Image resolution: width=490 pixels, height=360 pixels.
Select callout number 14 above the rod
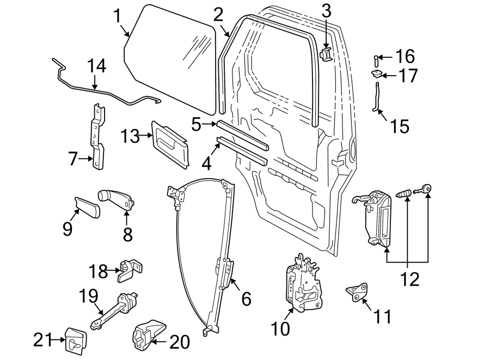96,67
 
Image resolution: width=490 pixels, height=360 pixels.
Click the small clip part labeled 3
326,54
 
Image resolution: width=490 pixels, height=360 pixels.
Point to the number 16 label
404,56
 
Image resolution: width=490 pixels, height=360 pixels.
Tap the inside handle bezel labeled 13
170,143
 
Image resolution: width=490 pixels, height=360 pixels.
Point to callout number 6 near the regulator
246,298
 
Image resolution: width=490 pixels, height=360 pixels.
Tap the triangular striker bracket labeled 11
357,291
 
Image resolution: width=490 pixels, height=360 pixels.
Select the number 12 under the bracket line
409,279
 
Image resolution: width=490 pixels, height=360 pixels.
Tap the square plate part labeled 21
73,338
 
